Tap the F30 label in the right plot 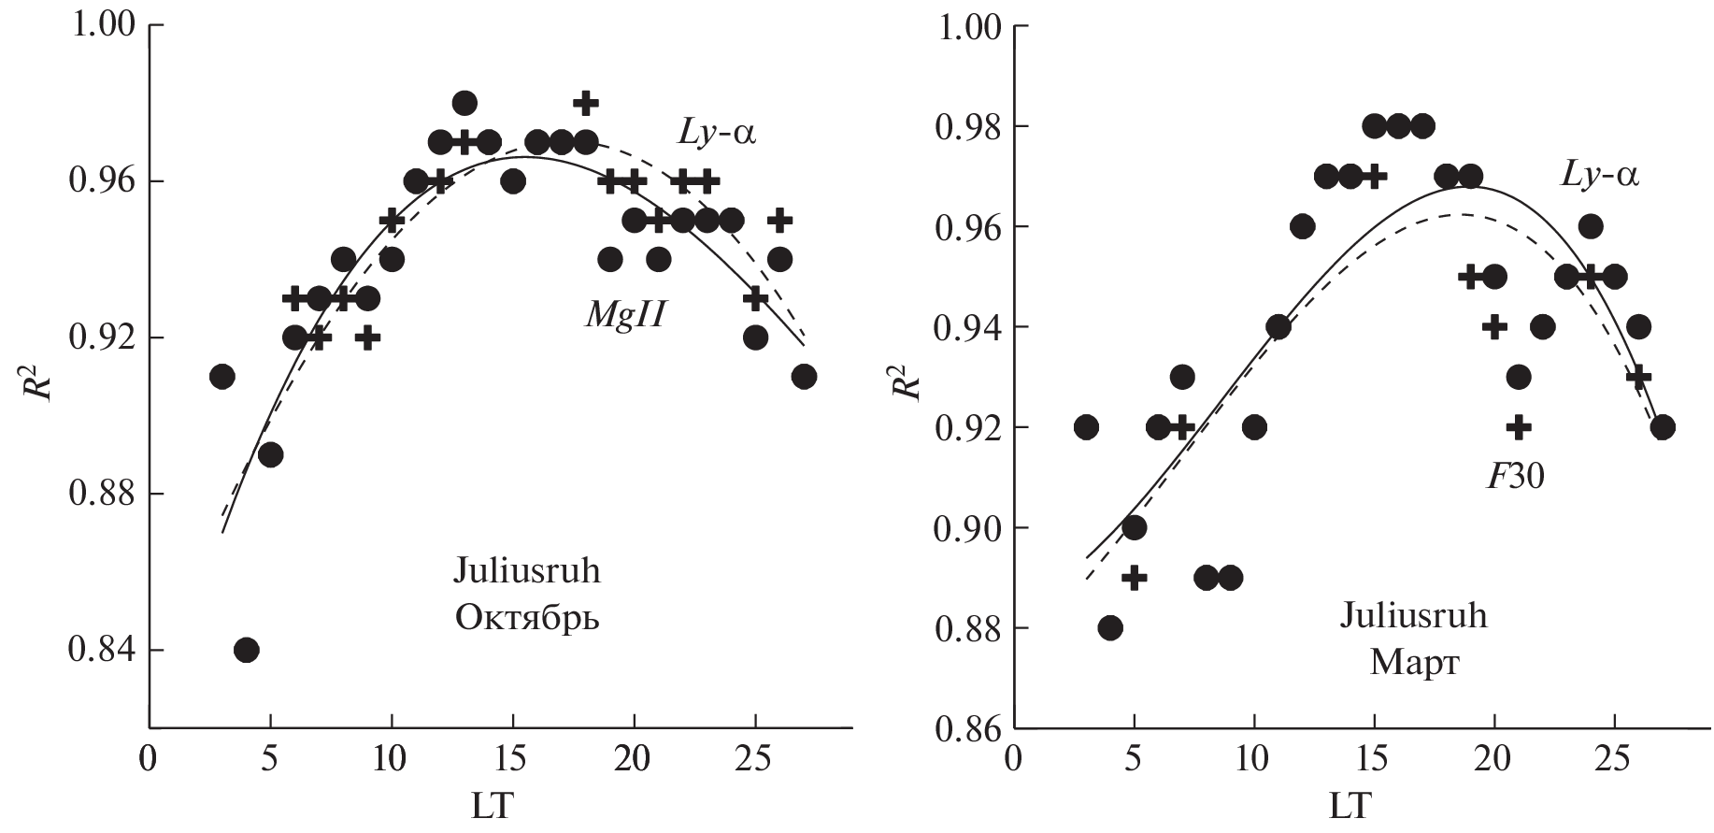point(1515,477)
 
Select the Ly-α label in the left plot point(717,132)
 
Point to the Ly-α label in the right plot point(1599,174)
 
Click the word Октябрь point(527,618)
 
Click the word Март point(1413,663)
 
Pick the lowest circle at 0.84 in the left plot point(246,650)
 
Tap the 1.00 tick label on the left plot point(102,25)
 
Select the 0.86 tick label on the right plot point(967,728)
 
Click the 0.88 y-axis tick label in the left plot point(102,494)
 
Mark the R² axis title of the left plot point(36,376)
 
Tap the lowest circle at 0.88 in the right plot point(1110,627)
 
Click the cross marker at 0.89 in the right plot point(1134,578)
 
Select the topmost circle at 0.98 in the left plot point(464,103)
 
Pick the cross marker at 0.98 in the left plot point(586,103)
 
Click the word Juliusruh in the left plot point(527,571)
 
